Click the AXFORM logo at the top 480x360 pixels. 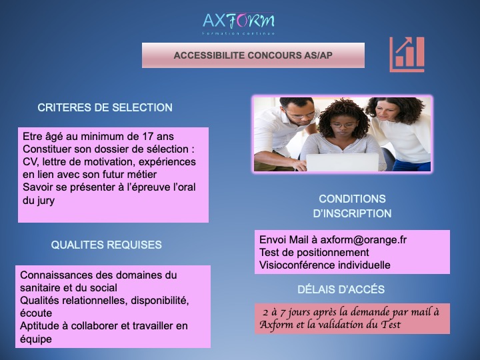coord(239,23)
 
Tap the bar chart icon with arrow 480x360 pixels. coord(407,55)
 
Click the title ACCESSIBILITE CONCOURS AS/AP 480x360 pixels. coord(253,55)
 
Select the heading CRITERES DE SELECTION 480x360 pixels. coord(105,107)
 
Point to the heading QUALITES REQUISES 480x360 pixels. coord(106,245)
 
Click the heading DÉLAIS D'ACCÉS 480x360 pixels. coord(341,289)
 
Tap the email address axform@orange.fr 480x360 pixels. coord(363,240)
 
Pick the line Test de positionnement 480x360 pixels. coord(314,253)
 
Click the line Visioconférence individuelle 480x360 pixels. coord(325,265)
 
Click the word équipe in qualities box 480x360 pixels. coord(36,339)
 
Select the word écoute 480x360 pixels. coord(36,313)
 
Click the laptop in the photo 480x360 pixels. coord(342,162)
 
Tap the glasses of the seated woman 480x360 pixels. coord(343,125)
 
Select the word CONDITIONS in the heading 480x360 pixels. coord(352,199)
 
